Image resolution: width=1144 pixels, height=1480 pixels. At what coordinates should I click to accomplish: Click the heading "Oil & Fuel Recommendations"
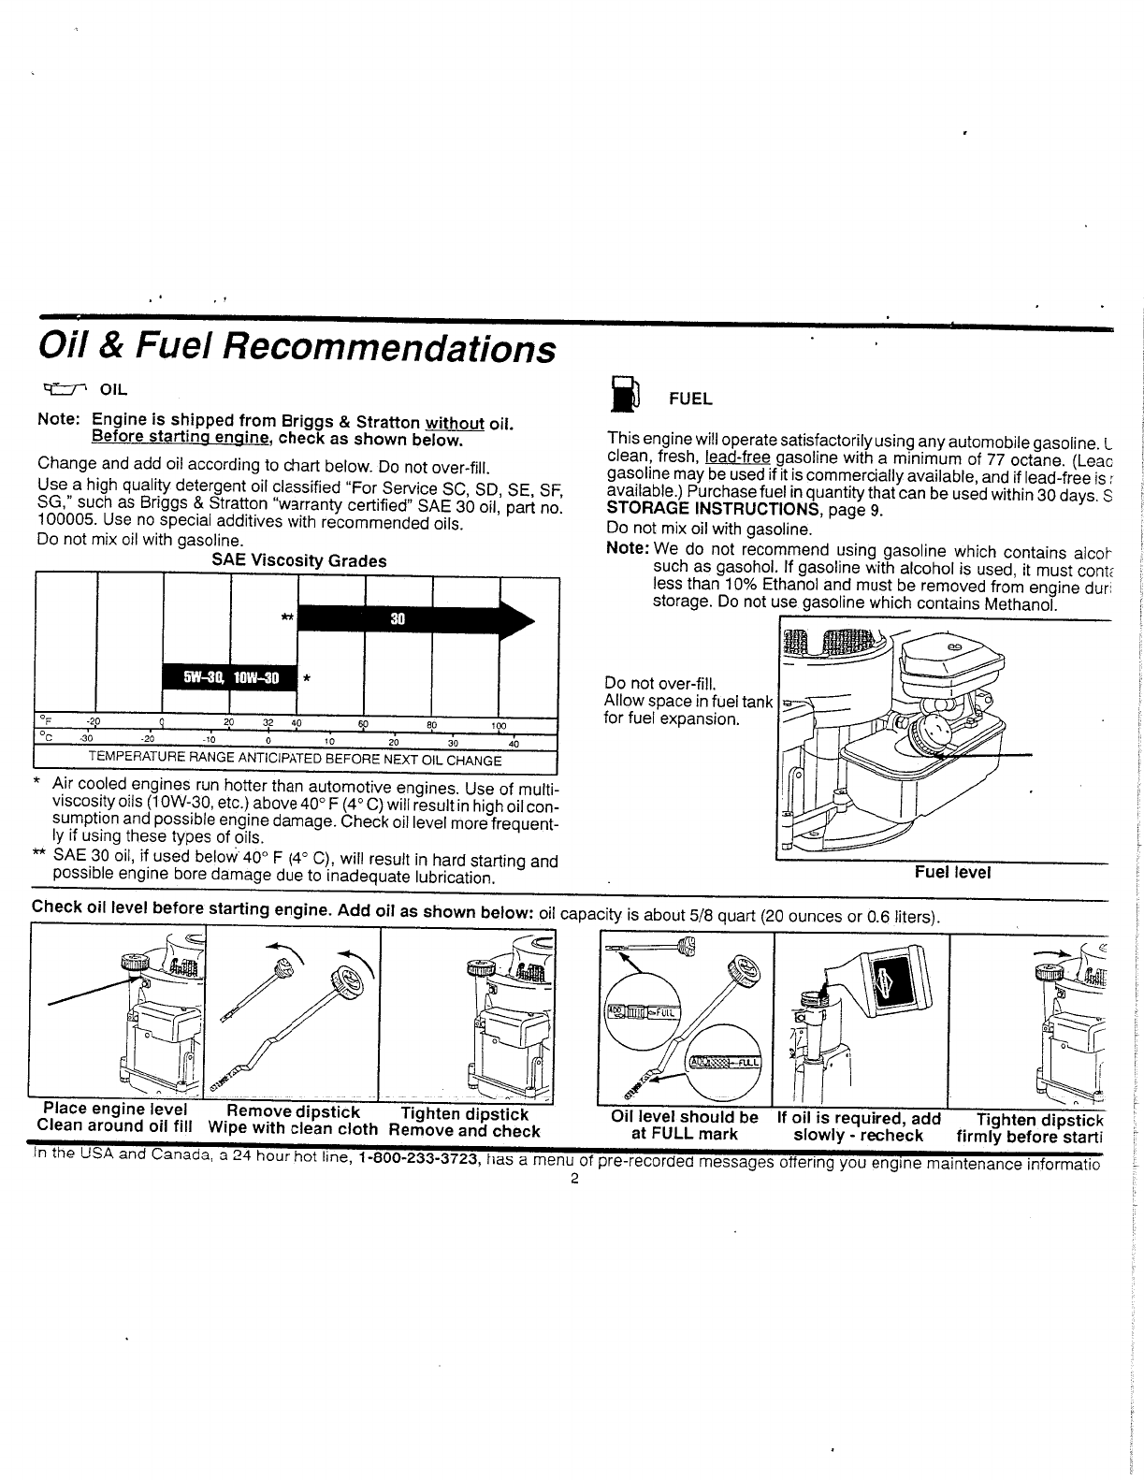pyautogui.click(x=296, y=349)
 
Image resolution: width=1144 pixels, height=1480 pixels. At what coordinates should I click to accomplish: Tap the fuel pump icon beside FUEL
pyautogui.click(x=623, y=394)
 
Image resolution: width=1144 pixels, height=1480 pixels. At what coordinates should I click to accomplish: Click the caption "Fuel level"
pyautogui.click(x=952, y=872)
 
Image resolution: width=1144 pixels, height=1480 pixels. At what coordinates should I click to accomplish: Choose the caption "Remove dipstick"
pyautogui.click(x=293, y=1112)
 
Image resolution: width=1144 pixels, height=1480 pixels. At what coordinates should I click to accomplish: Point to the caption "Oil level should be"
pyautogui.click(x=684, y=1118)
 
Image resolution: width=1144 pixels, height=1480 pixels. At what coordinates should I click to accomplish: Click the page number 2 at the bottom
pyautogui.click(x=574, y=1179)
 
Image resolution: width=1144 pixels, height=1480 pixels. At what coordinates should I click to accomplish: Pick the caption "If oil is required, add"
pyautogui.click(x=858, y=1118)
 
